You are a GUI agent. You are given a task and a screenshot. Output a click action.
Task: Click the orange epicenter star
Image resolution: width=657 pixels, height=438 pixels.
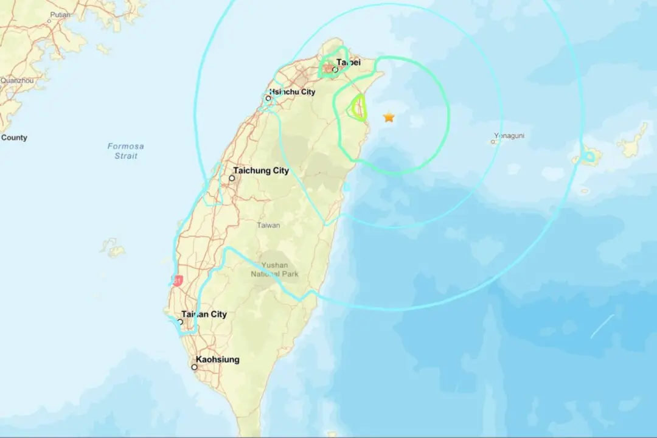(389, 117)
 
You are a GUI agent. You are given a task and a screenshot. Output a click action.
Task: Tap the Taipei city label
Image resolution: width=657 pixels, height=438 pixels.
(349, 62)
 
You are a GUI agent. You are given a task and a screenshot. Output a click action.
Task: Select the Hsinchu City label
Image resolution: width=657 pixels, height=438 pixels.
(293, 92)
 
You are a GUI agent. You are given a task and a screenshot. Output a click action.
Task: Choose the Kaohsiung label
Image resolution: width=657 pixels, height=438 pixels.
(217, 360)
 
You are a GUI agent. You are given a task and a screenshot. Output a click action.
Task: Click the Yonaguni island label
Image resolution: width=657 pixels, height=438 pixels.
(509, 136)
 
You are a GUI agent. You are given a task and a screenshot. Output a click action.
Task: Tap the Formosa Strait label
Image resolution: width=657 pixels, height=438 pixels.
(126, 151)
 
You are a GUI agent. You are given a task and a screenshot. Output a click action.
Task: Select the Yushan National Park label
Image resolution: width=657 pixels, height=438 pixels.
(274, 269)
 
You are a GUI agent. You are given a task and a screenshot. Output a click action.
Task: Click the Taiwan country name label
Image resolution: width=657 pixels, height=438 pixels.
(268, 225)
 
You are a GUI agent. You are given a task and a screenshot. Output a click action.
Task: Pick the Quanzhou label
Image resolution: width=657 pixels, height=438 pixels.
(16, 80)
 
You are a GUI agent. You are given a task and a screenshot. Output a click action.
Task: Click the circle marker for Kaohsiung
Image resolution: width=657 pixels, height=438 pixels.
(195, 367)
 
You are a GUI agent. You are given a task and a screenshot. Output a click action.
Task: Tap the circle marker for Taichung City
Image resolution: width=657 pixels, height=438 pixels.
(232, 178)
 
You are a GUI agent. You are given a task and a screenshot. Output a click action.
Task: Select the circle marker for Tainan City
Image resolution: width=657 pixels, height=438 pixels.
(180, 322)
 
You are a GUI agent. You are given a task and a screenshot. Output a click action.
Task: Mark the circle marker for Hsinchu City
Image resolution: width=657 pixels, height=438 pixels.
(268, 98)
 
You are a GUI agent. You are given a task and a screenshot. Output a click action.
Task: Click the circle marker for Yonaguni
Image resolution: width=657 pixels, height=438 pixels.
(493, 142)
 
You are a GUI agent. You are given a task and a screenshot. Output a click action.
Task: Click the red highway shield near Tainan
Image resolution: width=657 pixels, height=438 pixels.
(178, 280)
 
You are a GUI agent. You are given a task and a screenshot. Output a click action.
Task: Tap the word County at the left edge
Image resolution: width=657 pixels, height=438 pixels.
(14, 137)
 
